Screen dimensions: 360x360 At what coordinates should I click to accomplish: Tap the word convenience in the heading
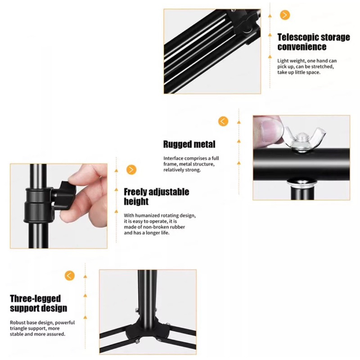(x=301, y=47)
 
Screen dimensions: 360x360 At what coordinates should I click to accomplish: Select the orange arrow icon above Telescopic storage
(x=285, y=15)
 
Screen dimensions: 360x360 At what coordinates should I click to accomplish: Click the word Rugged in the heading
(x=177, y=144)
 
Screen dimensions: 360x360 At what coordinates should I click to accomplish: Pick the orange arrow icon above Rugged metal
(x=223, y=121)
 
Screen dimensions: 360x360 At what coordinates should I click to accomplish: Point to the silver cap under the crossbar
(x=301, y=183)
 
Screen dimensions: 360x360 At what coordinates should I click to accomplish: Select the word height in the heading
(x=136, y=201)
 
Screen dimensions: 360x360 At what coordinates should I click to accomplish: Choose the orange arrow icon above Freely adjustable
(x=131, y=170)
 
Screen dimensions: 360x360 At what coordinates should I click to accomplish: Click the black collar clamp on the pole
(x=39, y=205)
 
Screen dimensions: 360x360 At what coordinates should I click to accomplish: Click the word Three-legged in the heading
(x=36, y=299)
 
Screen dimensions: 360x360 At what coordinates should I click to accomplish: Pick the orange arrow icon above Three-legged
(x=70, y=275)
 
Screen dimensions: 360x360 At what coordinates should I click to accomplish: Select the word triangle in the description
(x=18, y=328)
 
